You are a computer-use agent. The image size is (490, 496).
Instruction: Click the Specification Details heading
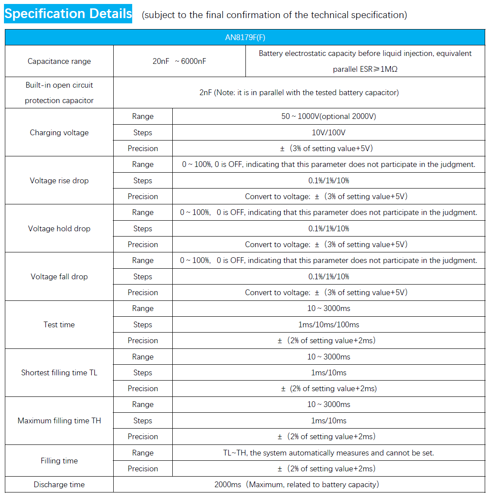pyautogui.click(x=68, y=14)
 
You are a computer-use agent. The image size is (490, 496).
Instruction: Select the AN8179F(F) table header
pyautogui.click(x=245, y=37)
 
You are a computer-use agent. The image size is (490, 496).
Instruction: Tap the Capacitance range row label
pyautogui.click(x=59, y=61)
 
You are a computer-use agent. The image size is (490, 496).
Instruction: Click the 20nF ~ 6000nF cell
pyautogui.click(x=179, y=61)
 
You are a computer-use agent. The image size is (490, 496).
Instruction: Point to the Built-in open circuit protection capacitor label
pyautogui.click(x=59, y=93)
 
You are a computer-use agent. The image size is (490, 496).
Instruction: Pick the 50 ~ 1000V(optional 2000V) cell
pyautogui.click(x=328, y=116)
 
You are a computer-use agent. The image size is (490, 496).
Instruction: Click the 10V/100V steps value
pyautogui.click(x=328, y=133)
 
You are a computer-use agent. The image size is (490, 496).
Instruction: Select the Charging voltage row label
pyautogui.click(x=59, y=133)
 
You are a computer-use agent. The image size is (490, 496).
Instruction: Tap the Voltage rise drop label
pyautogui.click(x=59, y=181)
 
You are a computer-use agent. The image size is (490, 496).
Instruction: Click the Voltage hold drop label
pyautogui.click(x=59, y=229)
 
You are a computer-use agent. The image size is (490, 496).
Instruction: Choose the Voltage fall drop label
pyautogui.click(x=59, y=277)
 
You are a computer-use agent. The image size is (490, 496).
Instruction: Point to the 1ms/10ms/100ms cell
pyautogui.click(x=328, y=325)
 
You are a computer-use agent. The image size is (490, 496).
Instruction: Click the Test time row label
pyautogui.click(x=59, y=325)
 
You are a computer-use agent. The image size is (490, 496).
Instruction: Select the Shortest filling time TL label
pyautogui.click(x=59, y=373)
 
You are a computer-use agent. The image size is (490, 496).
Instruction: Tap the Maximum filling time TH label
pyautogui.click(x=59, y=421)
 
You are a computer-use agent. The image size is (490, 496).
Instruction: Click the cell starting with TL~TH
pyautogui.click(x=328, y=453)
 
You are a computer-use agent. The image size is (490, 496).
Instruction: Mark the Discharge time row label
pyautogui.click(x=59, y=485)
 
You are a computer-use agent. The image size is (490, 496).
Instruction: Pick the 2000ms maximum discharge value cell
pyautogui.click(x=297, y=485)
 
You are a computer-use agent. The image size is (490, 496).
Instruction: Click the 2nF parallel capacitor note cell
pyautogui.click(x=299, y=93)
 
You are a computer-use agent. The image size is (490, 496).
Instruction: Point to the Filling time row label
pyautogui.click(x=59, y=461)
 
